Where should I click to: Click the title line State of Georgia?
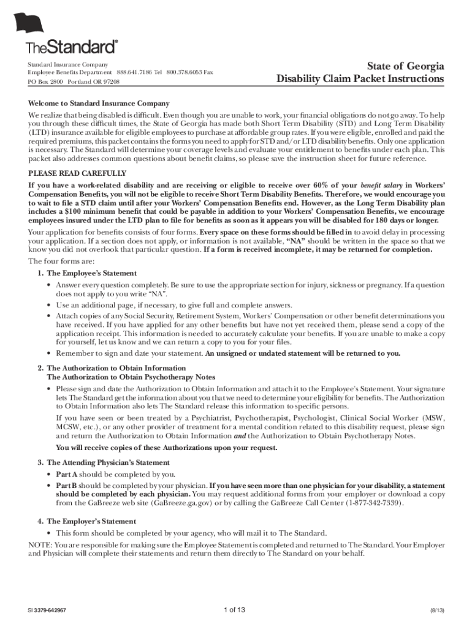pyautogui.click(x=405, y=66)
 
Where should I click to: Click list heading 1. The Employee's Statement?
pyautogui.click(x=87, y=273)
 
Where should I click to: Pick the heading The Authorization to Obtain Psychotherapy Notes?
pyautogui.click(x=131, y=377)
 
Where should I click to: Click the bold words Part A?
pyautogui.click(x=67, y=475)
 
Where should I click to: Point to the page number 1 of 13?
pyautogui.click(x=235, y=610)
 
